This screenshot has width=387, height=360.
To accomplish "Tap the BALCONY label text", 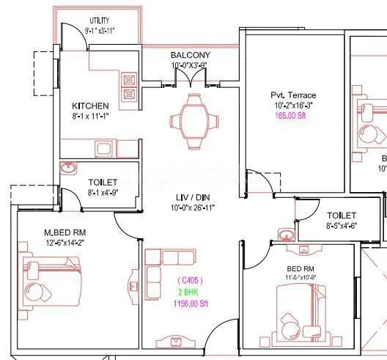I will coord(191,55).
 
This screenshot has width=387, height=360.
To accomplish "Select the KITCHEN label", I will coord(91,106).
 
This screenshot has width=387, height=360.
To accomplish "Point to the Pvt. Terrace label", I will coord(287,95).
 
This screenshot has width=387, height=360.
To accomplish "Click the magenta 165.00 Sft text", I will coord(287,116).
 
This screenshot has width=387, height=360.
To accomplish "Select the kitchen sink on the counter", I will coord(104,149).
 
